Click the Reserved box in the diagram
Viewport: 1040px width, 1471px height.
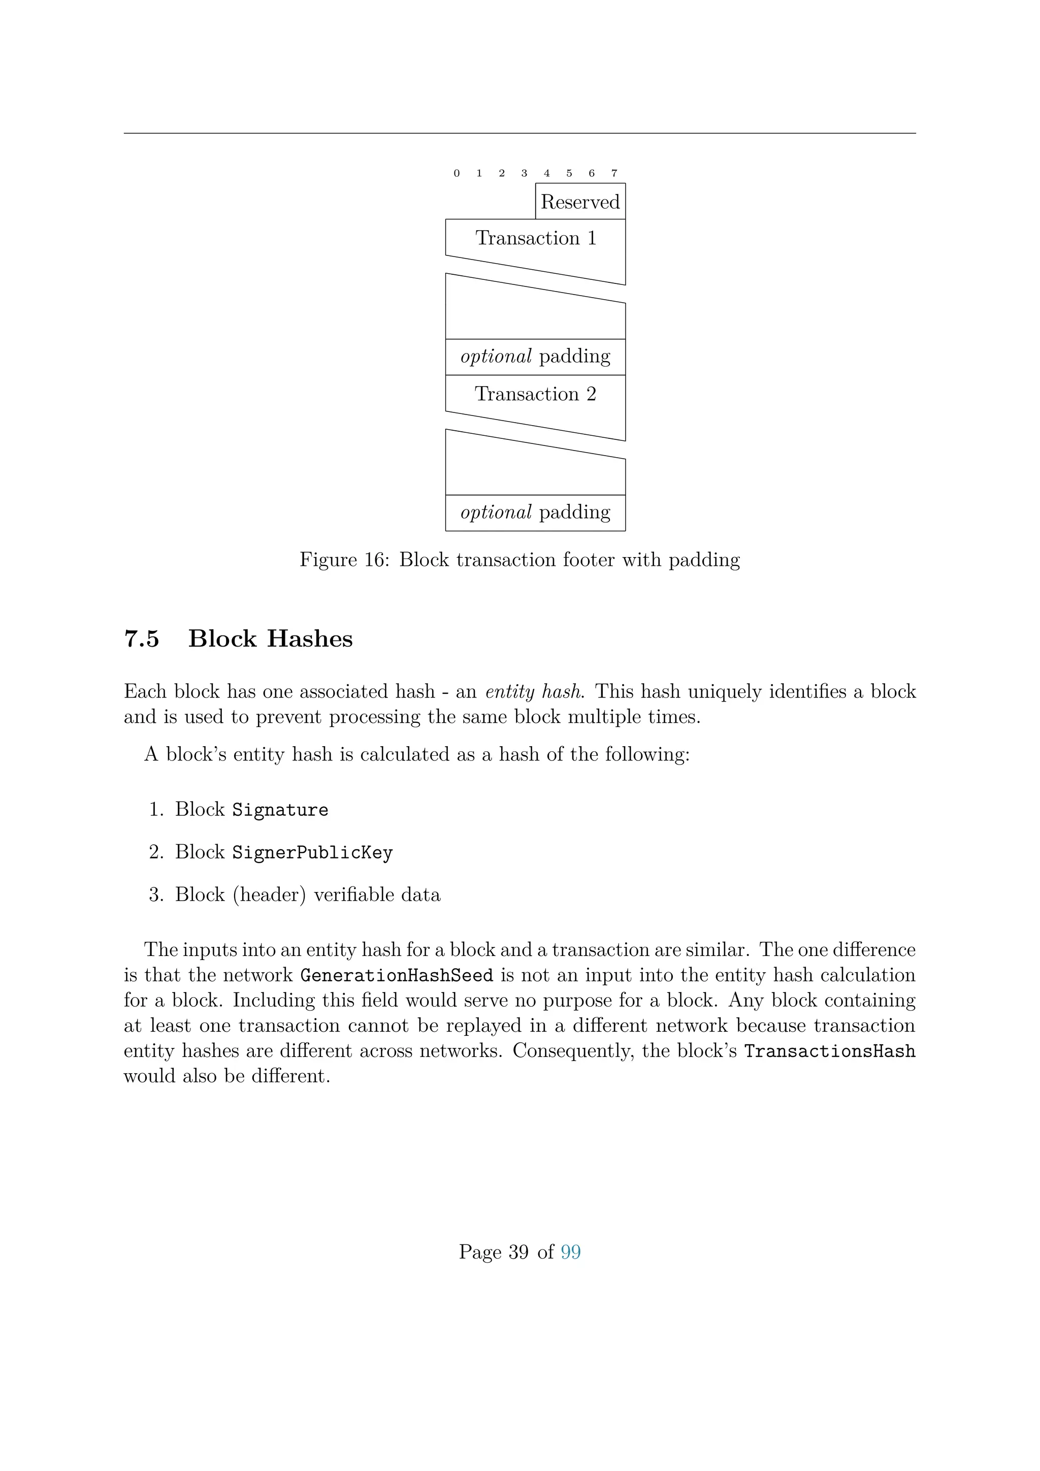pyautogui.click(x=580, y=202)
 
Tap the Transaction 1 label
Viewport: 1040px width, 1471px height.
pyautogui.click(x=536, y=238)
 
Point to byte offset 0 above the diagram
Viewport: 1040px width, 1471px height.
pyautogui.click(x=457, y=173)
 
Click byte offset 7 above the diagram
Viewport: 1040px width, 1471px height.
pyautogui.click(x=614, y=173)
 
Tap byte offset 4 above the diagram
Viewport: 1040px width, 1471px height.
pyautogui.click(x=546, y=173)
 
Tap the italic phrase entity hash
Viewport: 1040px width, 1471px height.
pyautogui.click(x=533, y=692)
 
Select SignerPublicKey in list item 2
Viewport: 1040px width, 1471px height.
pyautogui.click(x=312, y=853)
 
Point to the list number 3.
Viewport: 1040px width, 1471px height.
pyautogui.click(x=155, y=895)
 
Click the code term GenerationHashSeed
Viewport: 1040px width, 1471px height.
pyautogui.click(x=397, y=976)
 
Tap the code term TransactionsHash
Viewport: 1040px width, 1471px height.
pyautogui.click(x=829, y=1051)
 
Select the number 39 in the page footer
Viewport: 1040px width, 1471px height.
pyautogui.click(x=518, y=1252)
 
